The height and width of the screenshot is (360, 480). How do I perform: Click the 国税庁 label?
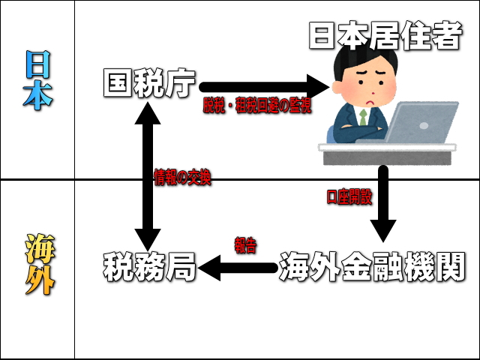point(149,83)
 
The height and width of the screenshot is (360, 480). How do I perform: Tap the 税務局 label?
point(149,267)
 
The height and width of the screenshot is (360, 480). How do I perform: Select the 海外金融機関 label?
point(372,267)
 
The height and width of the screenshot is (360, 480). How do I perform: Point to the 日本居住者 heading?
point(385,35)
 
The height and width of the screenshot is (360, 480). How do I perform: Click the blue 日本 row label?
point(37,80)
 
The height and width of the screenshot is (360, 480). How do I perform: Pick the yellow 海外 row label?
point(40,264)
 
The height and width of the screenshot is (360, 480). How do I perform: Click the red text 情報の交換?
point(183,177)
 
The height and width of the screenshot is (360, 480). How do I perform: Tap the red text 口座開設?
point(349,197)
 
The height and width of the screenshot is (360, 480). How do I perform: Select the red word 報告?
point(245,245)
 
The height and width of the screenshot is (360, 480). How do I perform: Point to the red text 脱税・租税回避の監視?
point(257,106)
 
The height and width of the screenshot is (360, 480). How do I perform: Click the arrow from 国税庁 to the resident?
point(264,87)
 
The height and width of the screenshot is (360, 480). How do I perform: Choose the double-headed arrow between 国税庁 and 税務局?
point(148,177)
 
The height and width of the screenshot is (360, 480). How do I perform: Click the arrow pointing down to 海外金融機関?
point(383,204)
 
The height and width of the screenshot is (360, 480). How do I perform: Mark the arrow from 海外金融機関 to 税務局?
point(238,268)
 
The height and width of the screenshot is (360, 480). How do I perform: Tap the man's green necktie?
point(363,117)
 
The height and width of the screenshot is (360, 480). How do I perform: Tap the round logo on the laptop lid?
point(424,125)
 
